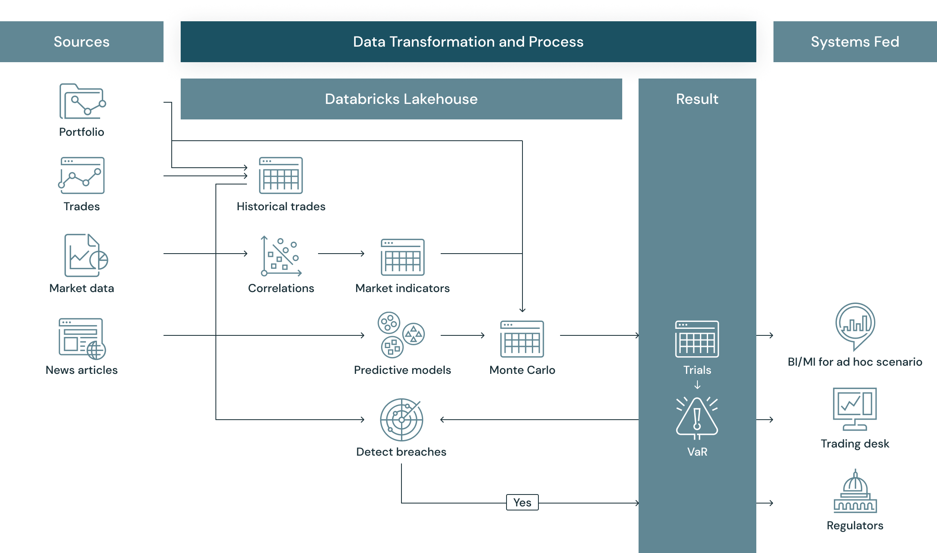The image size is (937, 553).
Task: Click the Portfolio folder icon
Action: pyautogui.click(x=82, y=101)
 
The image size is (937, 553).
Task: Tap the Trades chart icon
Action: pyautogui.click(x=82, y=175)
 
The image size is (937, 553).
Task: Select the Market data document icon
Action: pyautogui.click(x=85, y=256)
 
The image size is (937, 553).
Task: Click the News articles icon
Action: pyautogui.click(x=82, y=338)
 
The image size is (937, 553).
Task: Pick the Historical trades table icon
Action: pyautogui.click(x=281, y=175)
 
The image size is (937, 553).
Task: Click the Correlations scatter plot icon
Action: pyautogui.click(x=281, y=256)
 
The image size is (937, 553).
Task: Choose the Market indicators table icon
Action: pyautogui.click(x=403, y=257)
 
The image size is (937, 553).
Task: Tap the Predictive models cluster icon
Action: pyautogui.click(x=401, y=335)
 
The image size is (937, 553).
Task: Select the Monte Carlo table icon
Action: pyautogui.click(x=522, y=339)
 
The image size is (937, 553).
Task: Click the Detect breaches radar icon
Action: pyautogui.click(x=401, y=420)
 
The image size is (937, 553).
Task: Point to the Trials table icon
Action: pyautogui.click(x=697, y=339)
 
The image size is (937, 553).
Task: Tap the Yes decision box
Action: pyautogui.click(x=522, y=502)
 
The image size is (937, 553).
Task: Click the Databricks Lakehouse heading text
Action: pyautogui.click(x=401, y=99)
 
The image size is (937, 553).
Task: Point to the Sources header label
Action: pyautogui.click(x=82, y=42)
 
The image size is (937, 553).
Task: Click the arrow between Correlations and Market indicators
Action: pyautogui.click(x=341, y=254)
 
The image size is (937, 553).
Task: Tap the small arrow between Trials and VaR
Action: pyautogui.click(x=697, y=385)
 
